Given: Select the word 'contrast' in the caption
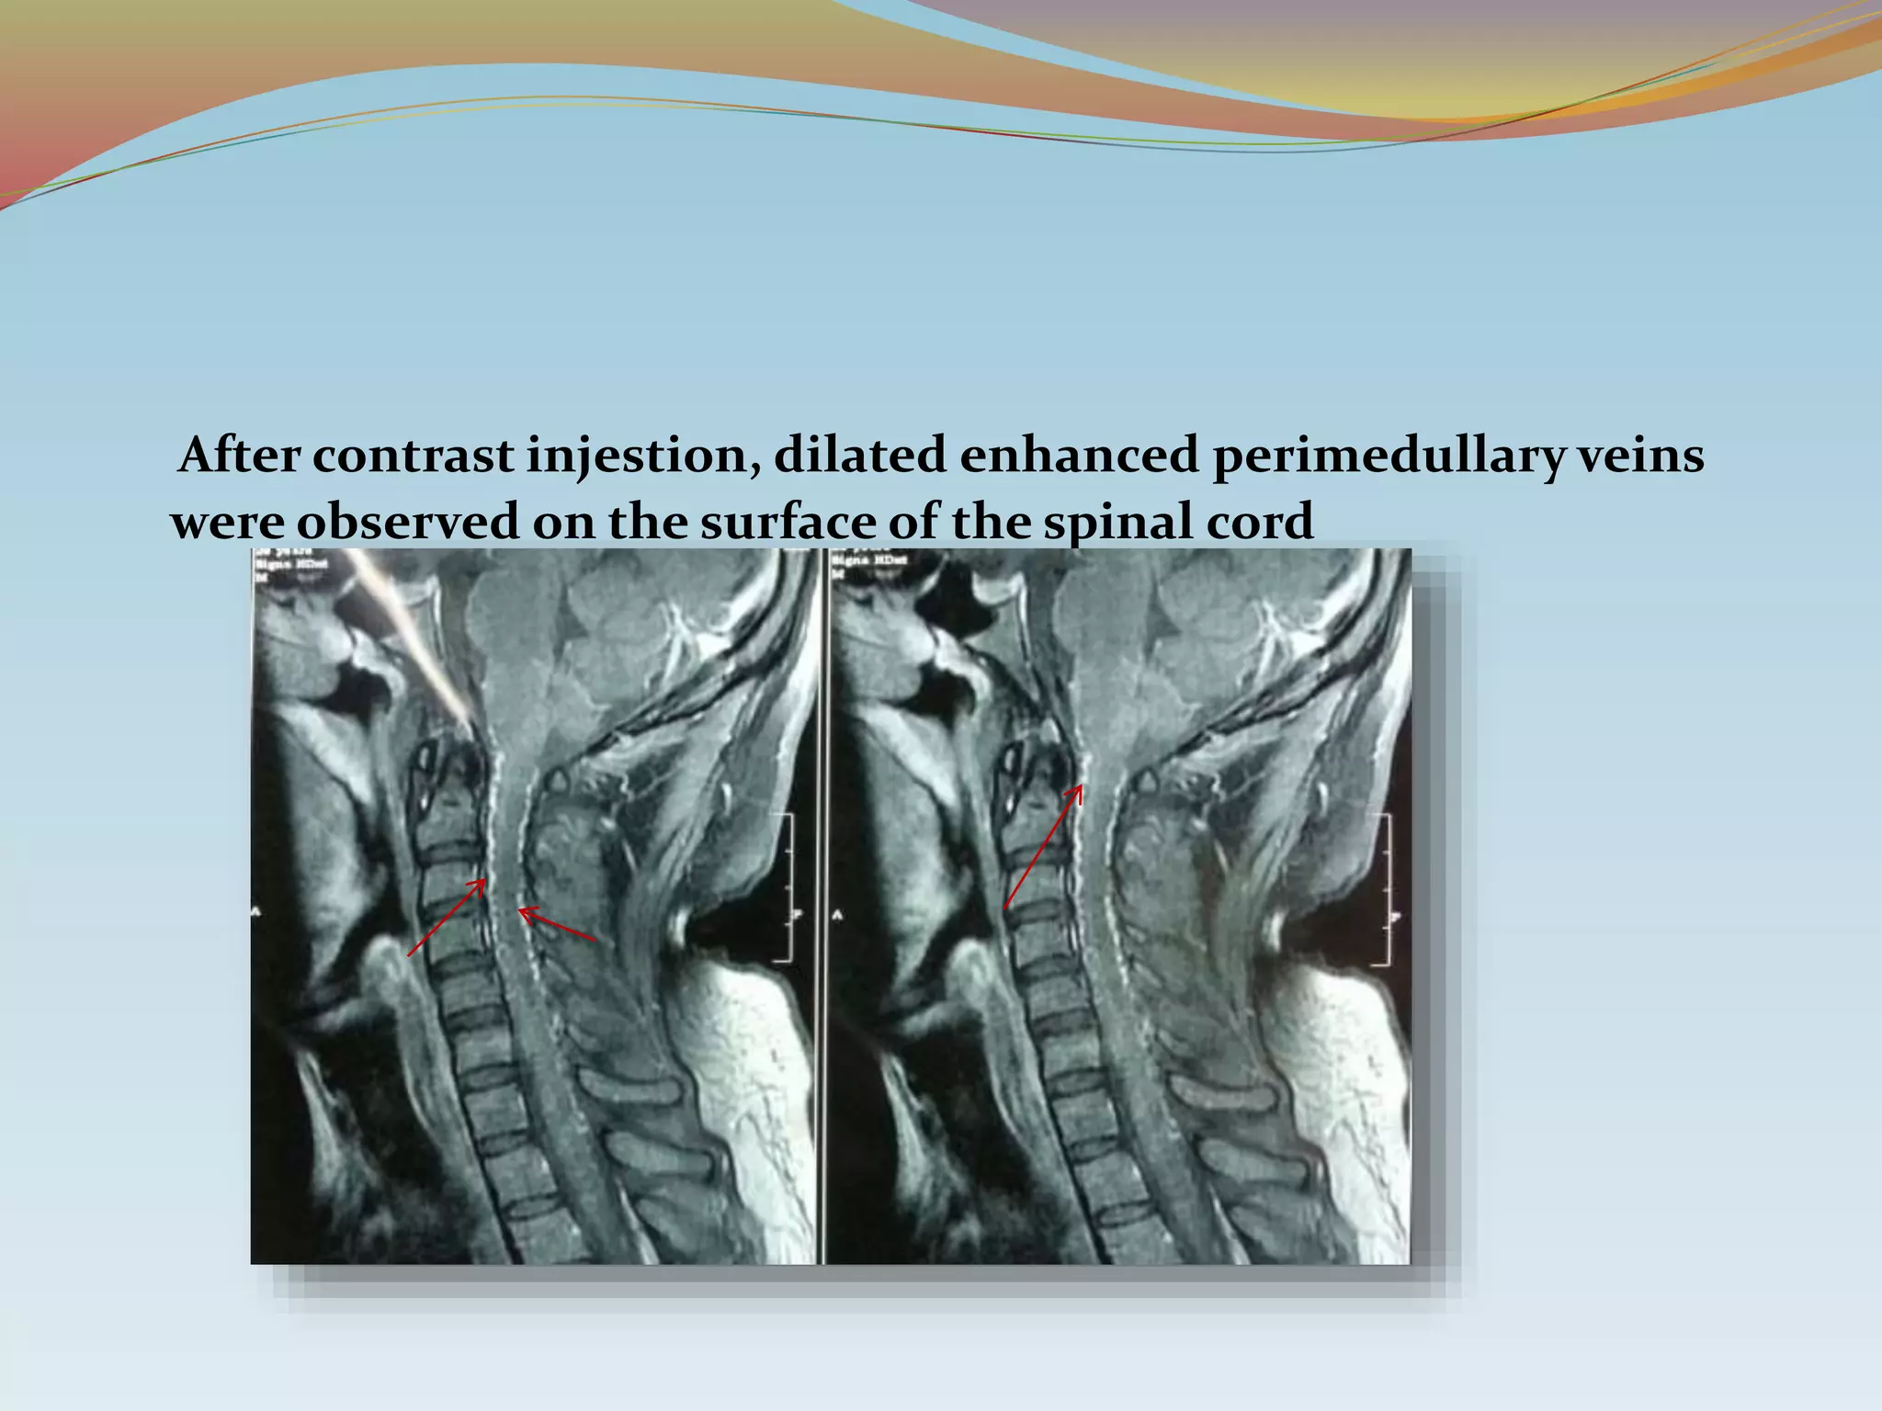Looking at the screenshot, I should click(412, 456).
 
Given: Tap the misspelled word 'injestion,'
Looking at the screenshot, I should click(641, 457).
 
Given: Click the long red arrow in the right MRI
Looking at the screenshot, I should click(1043, 846).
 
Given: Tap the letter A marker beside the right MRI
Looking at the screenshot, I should click(836, 916).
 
